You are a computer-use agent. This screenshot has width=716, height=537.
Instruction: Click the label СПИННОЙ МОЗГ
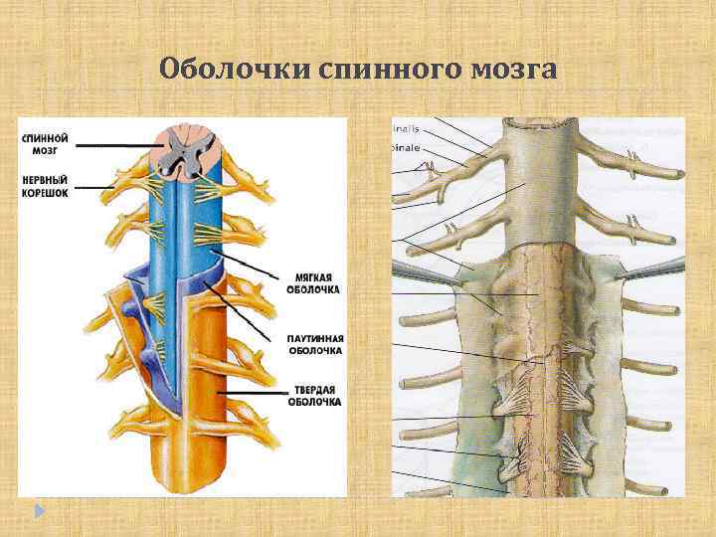44,142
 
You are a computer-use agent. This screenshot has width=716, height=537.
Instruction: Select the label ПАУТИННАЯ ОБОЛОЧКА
315,343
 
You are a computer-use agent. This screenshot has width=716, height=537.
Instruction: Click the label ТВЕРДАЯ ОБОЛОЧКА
314,395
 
